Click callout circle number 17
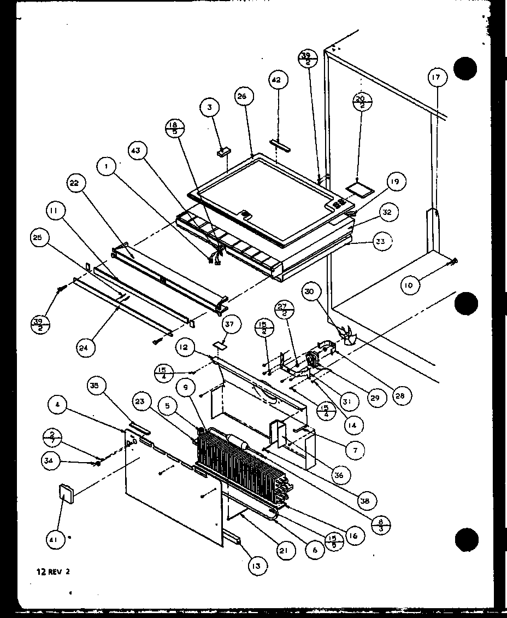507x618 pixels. (435, 78)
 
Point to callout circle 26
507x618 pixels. (242, 97)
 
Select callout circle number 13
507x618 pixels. (255, 566)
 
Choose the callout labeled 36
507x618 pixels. (339, 475)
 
